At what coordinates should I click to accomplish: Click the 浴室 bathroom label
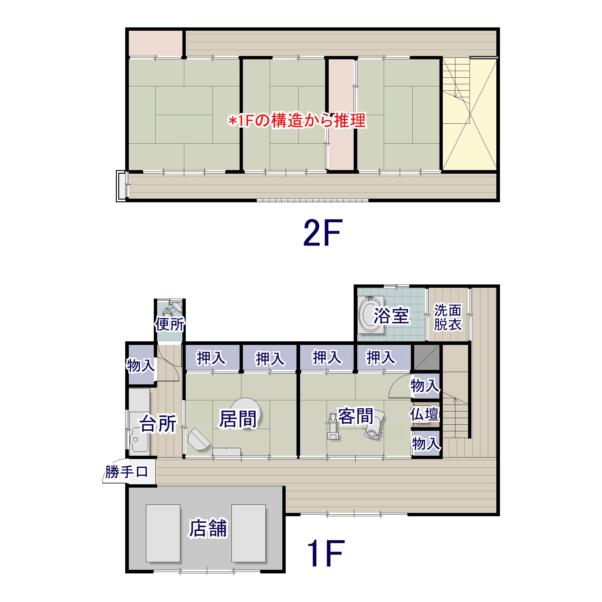click(x=391, y=315)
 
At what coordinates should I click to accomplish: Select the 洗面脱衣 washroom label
click(x=448, y=317)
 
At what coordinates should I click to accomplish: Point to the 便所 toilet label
click(x=170, y=324)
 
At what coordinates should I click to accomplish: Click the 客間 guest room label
click(x=356, y=416)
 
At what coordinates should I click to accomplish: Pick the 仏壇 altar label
click(x=424, y=414)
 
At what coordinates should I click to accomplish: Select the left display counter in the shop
click(x=163, y=533)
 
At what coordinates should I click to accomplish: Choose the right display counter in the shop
click(x=248, y=533)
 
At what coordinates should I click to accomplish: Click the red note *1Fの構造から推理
click(x=297, y=120)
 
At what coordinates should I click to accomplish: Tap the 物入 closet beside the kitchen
click(x=141, y=365)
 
